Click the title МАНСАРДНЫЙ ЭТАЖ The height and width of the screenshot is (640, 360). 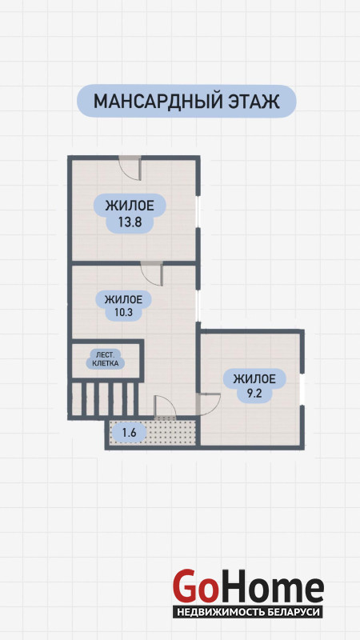(x=186, y=102)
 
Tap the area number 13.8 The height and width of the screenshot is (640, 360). (x=130, y=222)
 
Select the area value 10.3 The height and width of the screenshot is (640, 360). (x=123, y=314)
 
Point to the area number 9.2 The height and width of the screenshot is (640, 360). (x=254, y=394)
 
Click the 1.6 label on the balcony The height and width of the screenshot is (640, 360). (x=129, y=433)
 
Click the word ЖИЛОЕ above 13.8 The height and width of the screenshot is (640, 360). (x=130, y=206)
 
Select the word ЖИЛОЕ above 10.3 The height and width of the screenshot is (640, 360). (x=123, y=300)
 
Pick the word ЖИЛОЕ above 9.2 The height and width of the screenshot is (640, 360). (x=254, y=378)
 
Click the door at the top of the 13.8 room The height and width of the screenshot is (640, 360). (x=130, y=168)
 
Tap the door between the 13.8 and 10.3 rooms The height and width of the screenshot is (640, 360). (x=152, y=274)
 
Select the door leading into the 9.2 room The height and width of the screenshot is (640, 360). (x=208, y=404)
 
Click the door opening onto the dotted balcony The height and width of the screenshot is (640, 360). (x=166, y=407)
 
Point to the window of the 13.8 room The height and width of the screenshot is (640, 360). (x=198, y=212)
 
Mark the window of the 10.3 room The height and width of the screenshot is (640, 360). (x=198, y=303)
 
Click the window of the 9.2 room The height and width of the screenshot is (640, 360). (x=302, y=390)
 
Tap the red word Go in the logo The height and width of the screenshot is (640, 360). (x=194, y=586)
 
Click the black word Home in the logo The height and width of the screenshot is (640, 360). (x=270, y=586)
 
